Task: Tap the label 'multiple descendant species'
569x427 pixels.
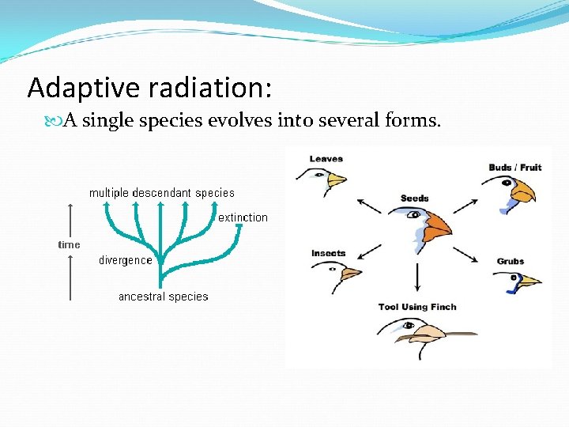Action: (x=161, y=192)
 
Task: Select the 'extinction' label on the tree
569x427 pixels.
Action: (x=243, y=217)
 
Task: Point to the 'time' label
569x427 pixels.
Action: (x=69, y=244)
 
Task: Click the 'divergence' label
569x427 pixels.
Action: (x=125, y=260)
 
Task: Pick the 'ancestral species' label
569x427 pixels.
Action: (x=163, y=297)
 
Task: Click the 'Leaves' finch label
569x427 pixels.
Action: (x=326, y=159)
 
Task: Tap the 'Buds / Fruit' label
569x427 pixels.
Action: (x=514, y=167)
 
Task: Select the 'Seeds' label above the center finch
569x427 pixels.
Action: (x=414, y=198)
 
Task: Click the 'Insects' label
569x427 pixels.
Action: (x=328, y=253)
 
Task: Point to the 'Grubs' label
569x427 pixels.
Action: (x=510, y=261)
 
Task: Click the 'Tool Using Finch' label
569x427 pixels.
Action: (x=416, y=307)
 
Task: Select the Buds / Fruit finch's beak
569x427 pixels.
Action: (x=522, y=191)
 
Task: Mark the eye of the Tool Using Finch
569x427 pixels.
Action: (x=409, y=324)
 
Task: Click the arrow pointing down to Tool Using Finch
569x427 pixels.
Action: (x=416, y=277)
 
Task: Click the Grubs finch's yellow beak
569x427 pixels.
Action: (x=529, y=280)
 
